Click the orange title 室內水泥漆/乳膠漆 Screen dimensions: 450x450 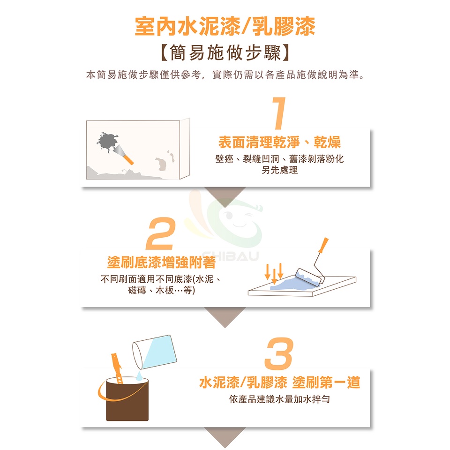[225, 26]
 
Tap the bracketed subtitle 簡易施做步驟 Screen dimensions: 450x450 [225, 53]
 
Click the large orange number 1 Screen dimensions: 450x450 [279, 113]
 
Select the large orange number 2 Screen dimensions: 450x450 [161, 233]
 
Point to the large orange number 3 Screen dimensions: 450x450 [279, 353]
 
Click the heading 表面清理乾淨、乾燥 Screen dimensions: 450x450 [279, 142]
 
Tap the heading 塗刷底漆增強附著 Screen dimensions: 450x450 [161, 262]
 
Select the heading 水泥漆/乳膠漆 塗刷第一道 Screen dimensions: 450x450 [279, 382]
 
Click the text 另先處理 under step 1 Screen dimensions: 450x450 [279, 170]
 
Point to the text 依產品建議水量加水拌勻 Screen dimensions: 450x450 [279, 399]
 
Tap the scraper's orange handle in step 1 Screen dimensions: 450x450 [128, 159]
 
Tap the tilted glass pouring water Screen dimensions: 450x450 [154, 352]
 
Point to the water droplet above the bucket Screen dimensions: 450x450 [139, 376]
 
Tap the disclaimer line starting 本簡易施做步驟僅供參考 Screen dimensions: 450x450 [225, 75]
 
